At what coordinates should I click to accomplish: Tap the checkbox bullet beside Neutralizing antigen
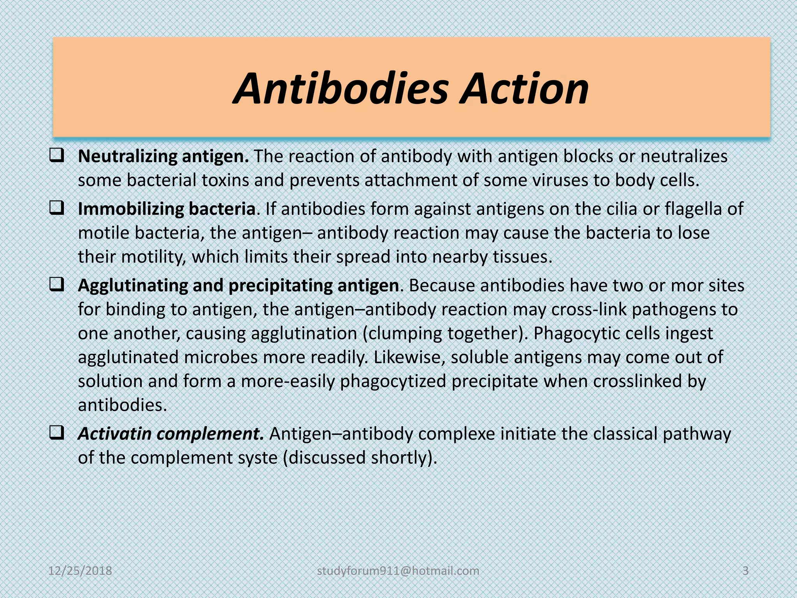[57, 156]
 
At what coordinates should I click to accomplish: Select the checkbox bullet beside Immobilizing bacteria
[57, 209]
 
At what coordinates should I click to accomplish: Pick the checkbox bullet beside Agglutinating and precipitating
[57, 285]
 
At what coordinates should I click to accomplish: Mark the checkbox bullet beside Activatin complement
[57, 433]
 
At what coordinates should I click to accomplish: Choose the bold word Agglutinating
[132, 286]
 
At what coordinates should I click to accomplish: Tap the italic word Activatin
[114, 434]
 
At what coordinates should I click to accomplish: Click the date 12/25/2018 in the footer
[80, 571]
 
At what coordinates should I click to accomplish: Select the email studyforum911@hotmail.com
[398, 571]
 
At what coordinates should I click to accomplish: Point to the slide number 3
[746, 571]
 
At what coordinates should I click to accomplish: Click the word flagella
[694, 209]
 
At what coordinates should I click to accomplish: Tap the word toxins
[225, 180]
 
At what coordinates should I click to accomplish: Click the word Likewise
[409, 357]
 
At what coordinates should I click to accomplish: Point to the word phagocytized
[393, 382]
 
